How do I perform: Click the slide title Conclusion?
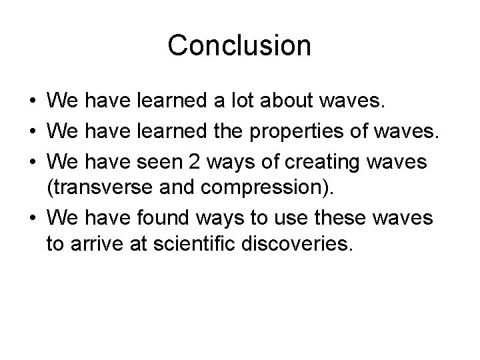pos(239,45)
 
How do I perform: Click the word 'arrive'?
pos(102,244)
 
